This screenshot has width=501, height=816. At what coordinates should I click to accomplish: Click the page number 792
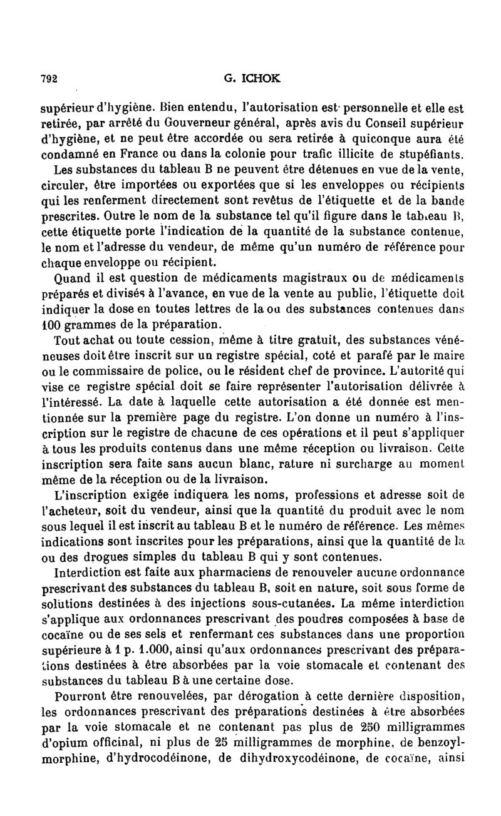point(49,79)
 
